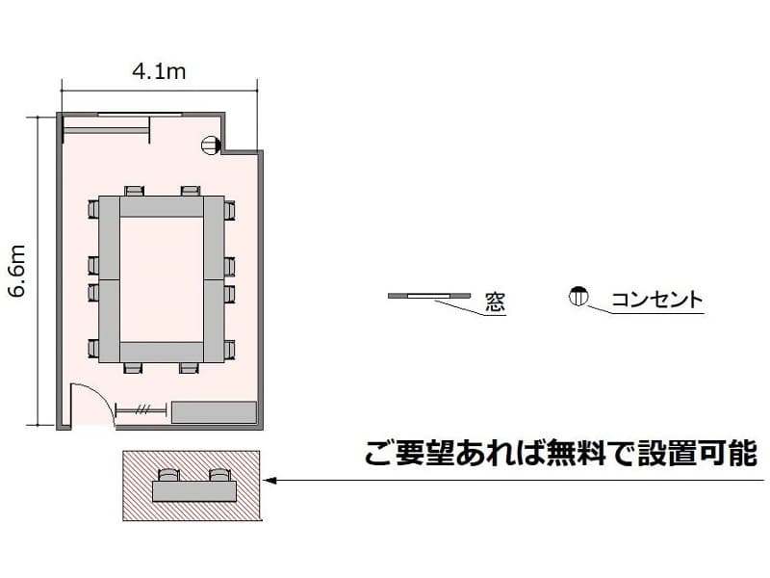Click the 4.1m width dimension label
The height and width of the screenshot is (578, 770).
pos(159,71)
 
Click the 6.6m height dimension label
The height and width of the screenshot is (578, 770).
pos(17,271)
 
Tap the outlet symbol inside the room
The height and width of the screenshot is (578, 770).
pos(210,145)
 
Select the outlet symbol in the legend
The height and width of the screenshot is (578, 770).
pos(578,297)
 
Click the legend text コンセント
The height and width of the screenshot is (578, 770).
pos(657,300)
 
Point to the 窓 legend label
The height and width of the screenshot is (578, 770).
pos(495,302)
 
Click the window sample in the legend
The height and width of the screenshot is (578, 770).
pos(429,296)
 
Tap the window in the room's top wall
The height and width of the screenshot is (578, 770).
pos(140,115)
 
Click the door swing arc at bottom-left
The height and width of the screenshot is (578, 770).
pos(103,396)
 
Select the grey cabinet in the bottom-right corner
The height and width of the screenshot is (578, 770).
pos(214,412)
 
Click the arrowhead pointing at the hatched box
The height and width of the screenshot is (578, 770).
pos(269,480)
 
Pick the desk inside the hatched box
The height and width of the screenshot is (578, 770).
pos(194,491)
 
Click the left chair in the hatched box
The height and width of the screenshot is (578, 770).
pos(168,475)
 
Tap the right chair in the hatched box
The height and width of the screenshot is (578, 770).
pos(219,475)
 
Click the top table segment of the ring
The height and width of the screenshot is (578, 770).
pos(162,206)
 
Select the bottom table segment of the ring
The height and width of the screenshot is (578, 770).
pos(162,353)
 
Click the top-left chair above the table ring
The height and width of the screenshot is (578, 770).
pos(134,191)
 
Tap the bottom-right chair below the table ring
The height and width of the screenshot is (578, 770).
pos(189,368)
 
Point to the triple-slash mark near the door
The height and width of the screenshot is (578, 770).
pos(142,408)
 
